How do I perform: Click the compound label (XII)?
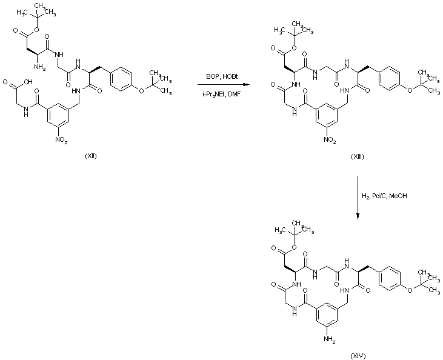pyautogui.click(x=92, y=156)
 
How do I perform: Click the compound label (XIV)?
pyautogui.click(x=358, y=354)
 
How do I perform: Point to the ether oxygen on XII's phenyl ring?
pyautogui.click(x=141, y=92)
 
